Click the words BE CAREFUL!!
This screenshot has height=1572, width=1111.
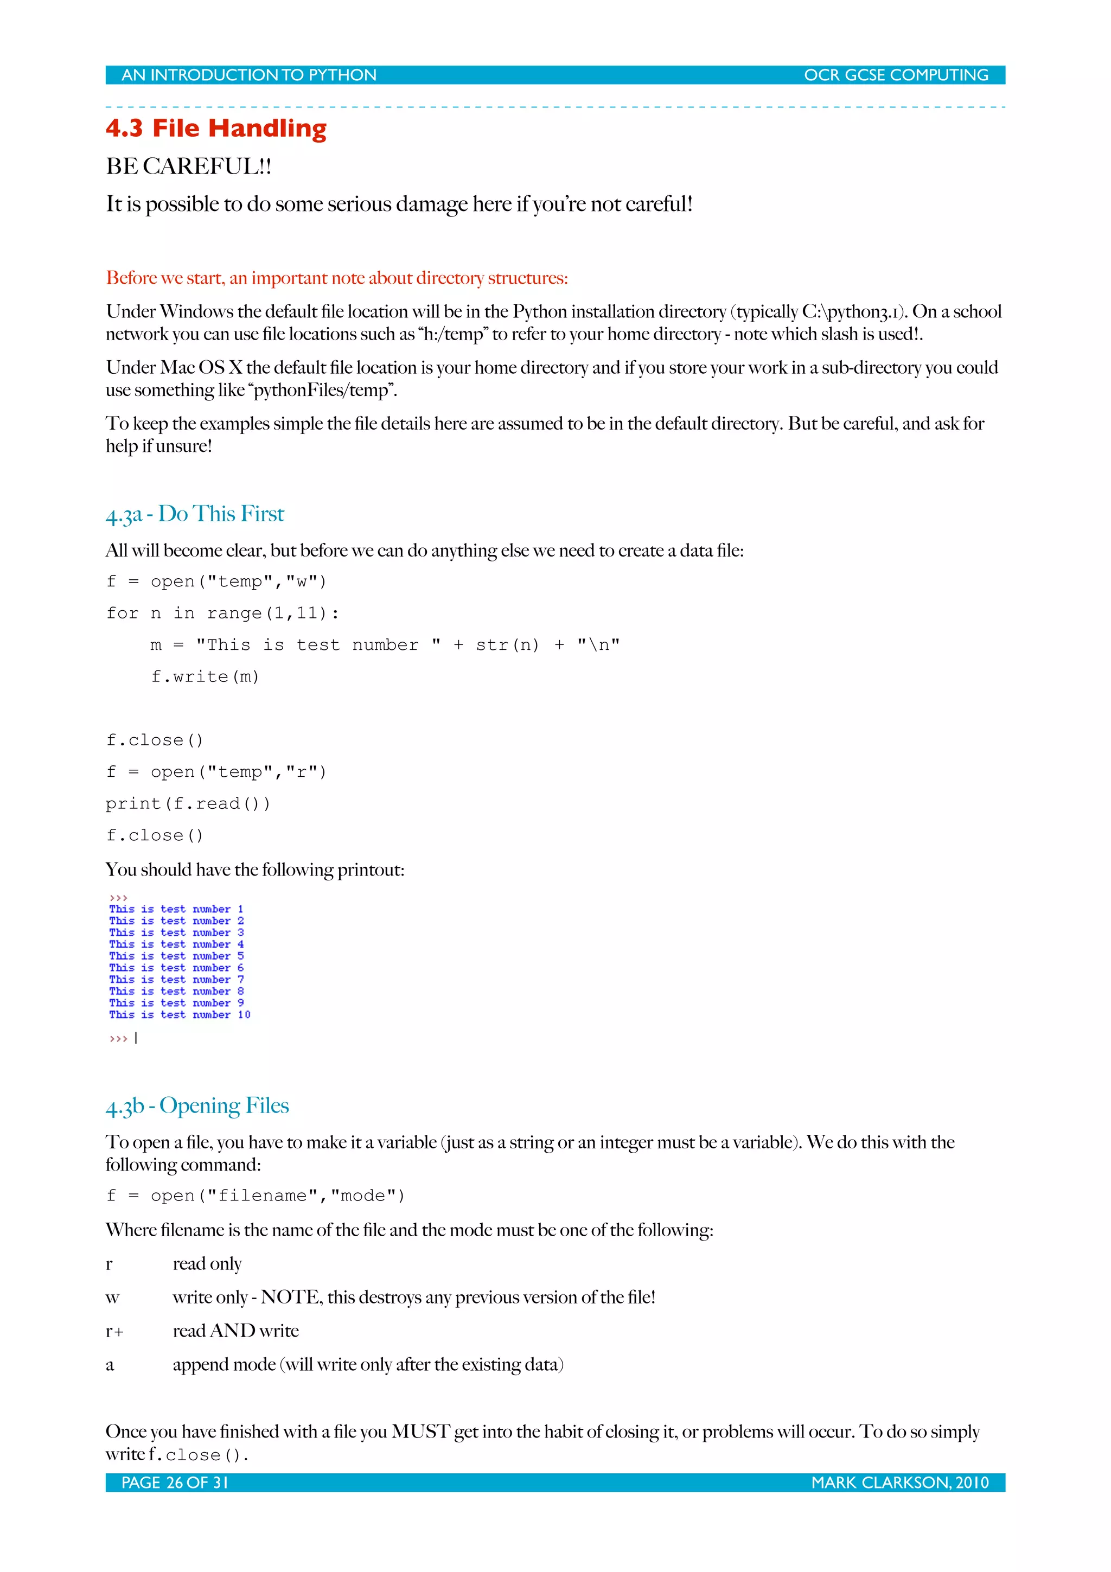(188, 167)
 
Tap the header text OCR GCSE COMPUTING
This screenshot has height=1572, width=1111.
(896, 75)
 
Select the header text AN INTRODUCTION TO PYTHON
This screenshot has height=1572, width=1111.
(248, 75)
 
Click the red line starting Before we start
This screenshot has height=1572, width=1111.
(336, 278)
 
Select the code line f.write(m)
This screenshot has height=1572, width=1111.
(205, 677)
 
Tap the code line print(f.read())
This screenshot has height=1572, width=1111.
(188, 804)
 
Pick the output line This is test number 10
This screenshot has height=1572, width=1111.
(180, 1015)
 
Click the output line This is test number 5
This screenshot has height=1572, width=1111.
(176, 956)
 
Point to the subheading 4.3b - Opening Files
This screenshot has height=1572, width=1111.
(197, 1105)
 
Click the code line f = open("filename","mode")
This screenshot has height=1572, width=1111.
(256, 1196)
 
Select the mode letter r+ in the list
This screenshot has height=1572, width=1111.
(114, 1332)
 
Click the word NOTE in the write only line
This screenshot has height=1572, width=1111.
(290, 1298)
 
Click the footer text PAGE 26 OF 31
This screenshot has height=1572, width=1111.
(174, 1483)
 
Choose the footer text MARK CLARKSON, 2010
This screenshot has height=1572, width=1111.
(899, 1483)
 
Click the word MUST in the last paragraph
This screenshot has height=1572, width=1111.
(420, 1432)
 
